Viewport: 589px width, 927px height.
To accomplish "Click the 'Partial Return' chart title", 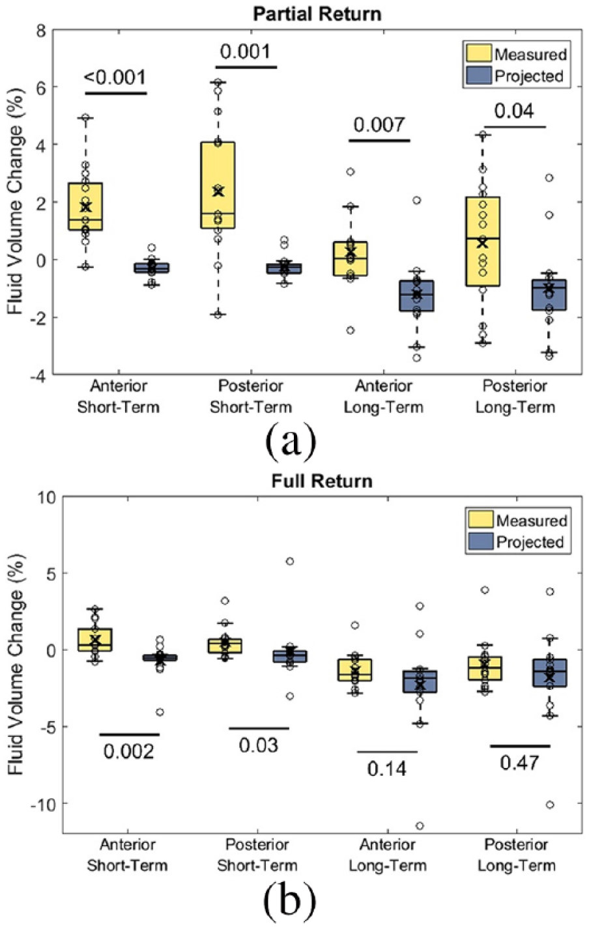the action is click(x=317, y=14).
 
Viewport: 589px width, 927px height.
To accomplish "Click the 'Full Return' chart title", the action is click(x=322, y=481).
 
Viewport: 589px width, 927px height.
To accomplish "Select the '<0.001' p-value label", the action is click(x=115, y=78).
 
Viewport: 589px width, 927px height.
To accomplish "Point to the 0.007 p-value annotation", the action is click(x=379, y=124).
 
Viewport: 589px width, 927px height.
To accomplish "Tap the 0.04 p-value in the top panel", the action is click(x=514, y=111).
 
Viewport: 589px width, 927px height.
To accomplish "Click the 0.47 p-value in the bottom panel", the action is click(x=519, y=763).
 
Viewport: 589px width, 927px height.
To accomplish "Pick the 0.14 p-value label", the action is click(x=387, y=769).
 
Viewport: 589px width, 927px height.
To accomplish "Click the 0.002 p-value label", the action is click(x=129, y=751).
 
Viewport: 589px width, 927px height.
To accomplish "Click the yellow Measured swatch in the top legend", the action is click(x=479, y=54).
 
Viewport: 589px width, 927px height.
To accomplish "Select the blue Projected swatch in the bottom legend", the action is click(x=481, y=542).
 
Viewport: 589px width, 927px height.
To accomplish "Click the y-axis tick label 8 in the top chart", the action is click(x=42, y=31).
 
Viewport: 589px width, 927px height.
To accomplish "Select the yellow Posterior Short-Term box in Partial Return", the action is click(x=218, y=185).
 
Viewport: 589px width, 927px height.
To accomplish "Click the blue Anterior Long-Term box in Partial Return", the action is click(x=416, y=296).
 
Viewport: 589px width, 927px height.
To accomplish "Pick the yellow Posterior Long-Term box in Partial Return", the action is click(x=483, y=241).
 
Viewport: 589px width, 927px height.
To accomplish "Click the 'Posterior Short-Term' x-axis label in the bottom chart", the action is click(x=257, y=855).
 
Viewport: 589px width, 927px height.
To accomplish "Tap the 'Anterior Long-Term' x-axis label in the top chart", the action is click(x=384, y=397).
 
